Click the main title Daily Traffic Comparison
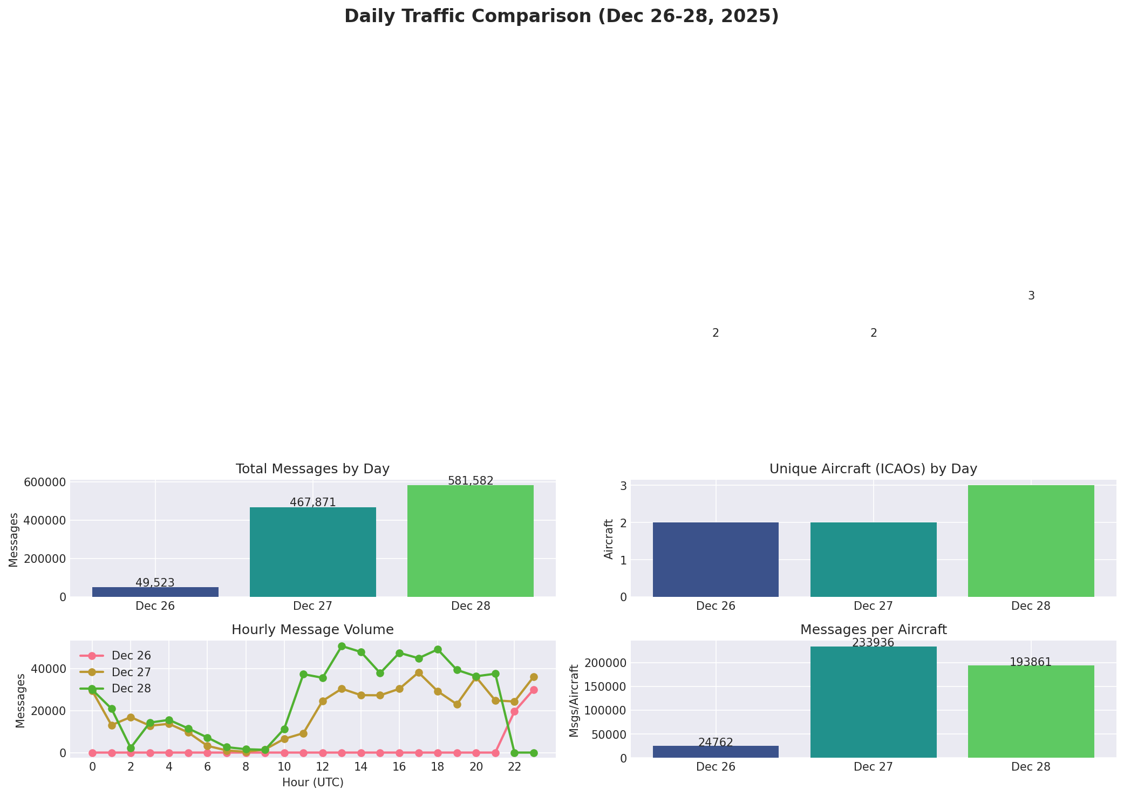tap(561, 16)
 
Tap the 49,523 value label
tap(155, 583)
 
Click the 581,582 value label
tap(471, 481)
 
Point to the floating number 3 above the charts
tap(1031, 296)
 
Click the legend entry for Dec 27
tap(131, 672)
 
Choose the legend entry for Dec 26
tap(131, 656)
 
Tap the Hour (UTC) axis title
tap(312, 783)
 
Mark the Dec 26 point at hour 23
tap(534, 690)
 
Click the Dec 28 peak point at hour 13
tap(342, 646)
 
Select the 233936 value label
tap(873, 643)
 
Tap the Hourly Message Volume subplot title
tap(312, 630)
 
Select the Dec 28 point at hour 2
tap(131, 748)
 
